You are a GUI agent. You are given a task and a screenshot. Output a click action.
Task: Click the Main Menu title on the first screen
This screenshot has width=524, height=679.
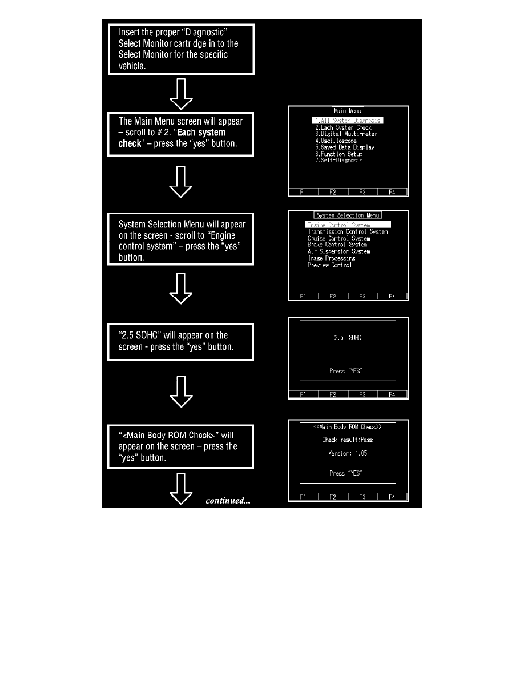[x=348, y=111]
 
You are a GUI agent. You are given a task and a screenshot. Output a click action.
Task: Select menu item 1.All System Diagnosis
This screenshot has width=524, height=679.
[x=347, y=121]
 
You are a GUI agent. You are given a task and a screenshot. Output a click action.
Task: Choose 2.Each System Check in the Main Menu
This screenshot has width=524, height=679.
[x=343, y=127]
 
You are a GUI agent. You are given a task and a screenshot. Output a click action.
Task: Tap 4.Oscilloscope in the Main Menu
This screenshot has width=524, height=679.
[x=336, y=141]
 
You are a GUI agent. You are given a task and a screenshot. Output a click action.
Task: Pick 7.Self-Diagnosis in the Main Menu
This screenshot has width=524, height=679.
[x=339, y=161]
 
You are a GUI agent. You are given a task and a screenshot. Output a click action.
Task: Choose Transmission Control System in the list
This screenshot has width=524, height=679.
[x=348, y=232]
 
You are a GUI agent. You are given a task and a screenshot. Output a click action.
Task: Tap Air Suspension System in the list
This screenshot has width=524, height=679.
[x=338, y=251]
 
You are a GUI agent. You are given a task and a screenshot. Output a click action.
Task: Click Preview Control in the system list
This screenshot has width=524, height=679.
[x=329, y=265]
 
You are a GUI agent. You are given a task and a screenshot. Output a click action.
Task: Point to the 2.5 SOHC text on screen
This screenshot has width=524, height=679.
[x=348, y=338]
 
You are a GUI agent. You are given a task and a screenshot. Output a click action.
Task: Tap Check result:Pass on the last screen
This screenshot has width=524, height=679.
[x=348, y=440]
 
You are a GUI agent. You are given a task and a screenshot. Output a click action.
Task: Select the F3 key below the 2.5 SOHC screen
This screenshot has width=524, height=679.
[x=362, y=394]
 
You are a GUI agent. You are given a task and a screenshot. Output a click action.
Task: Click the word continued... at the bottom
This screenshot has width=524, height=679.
[x=228, y=501]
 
